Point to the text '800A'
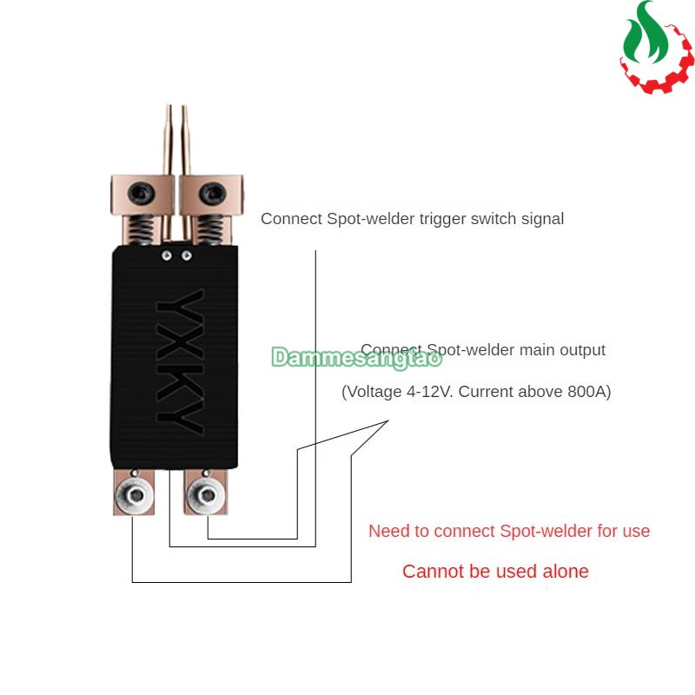pyautogui.click(x=589, y=392)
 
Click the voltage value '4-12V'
pyautogui.click(x=429, y=392)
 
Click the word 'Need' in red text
pyautogui.click(x=387, y=531)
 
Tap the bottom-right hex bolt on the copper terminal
pyautogui.click(x=206, y=494)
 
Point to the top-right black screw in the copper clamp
pyautogui.click(x=208, y=190)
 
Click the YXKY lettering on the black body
pyautogui.click(x=181, y=357)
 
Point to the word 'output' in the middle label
pyautogui.click(x=583, y=350)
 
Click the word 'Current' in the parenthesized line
pyautogui.click(x=486, y=392)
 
